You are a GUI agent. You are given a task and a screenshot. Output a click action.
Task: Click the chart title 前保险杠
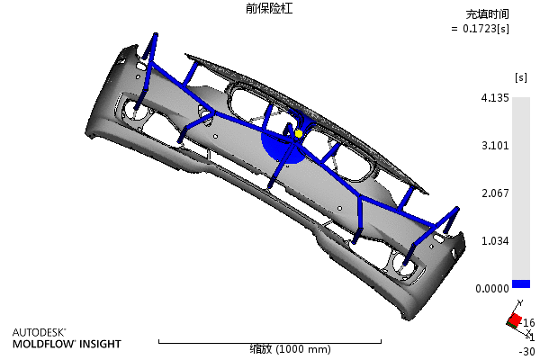pos(269,9)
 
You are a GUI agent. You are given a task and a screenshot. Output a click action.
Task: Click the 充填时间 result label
pos(487,14)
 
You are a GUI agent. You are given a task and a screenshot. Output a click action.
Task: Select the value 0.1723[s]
pos(486,29)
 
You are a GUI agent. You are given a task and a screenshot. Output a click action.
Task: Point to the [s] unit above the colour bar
pos(521,77)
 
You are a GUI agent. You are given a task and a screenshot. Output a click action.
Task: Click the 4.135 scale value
pos(495,98)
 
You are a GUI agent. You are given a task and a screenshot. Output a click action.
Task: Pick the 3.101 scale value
pos(495,146)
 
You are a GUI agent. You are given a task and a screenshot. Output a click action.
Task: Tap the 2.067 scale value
pos(495,193)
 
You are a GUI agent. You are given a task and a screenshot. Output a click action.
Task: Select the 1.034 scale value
pos(495,241)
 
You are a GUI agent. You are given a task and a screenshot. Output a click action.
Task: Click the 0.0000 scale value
pos(492,288)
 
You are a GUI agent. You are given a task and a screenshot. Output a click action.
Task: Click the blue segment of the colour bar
pos(521,283)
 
